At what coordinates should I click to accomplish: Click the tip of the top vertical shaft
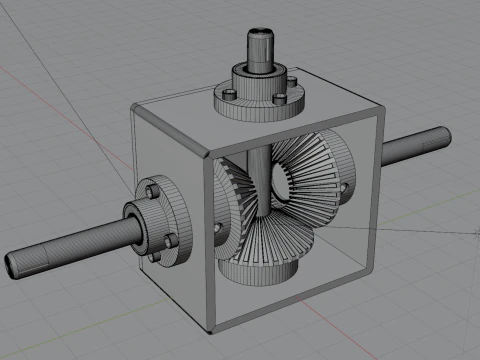point(262,34)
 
